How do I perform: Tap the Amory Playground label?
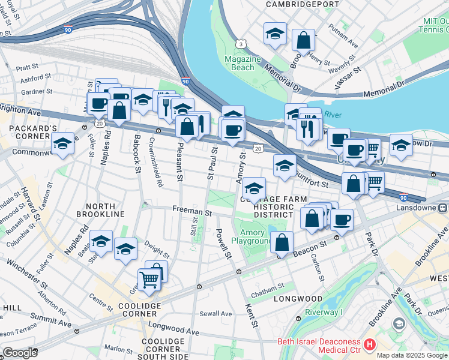pos(256,236)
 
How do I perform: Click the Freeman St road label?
pos(192,212)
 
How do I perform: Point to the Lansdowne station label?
pos(422,208)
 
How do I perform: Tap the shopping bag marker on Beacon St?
pos(282,242)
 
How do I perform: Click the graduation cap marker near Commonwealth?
pos(62,144)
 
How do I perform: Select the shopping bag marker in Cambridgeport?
pos(304,40)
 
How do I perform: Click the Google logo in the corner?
pos(20,353)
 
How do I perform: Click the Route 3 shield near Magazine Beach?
pos(240,44)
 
